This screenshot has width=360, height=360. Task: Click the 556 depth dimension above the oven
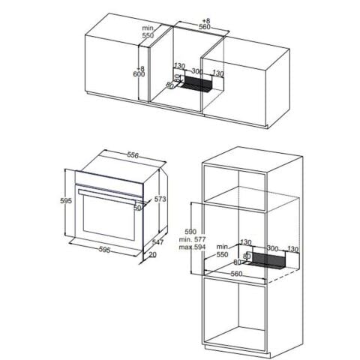(x=132, y=155)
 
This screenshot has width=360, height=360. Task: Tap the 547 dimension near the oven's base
(x=157, y=242)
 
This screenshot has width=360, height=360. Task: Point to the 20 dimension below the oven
(x=153, y=256)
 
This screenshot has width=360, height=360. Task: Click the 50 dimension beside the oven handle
(x=137, y=208)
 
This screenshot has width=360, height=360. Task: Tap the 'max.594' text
(x=190, y=247)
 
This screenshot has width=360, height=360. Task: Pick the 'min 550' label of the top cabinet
(x=148, y=31)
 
